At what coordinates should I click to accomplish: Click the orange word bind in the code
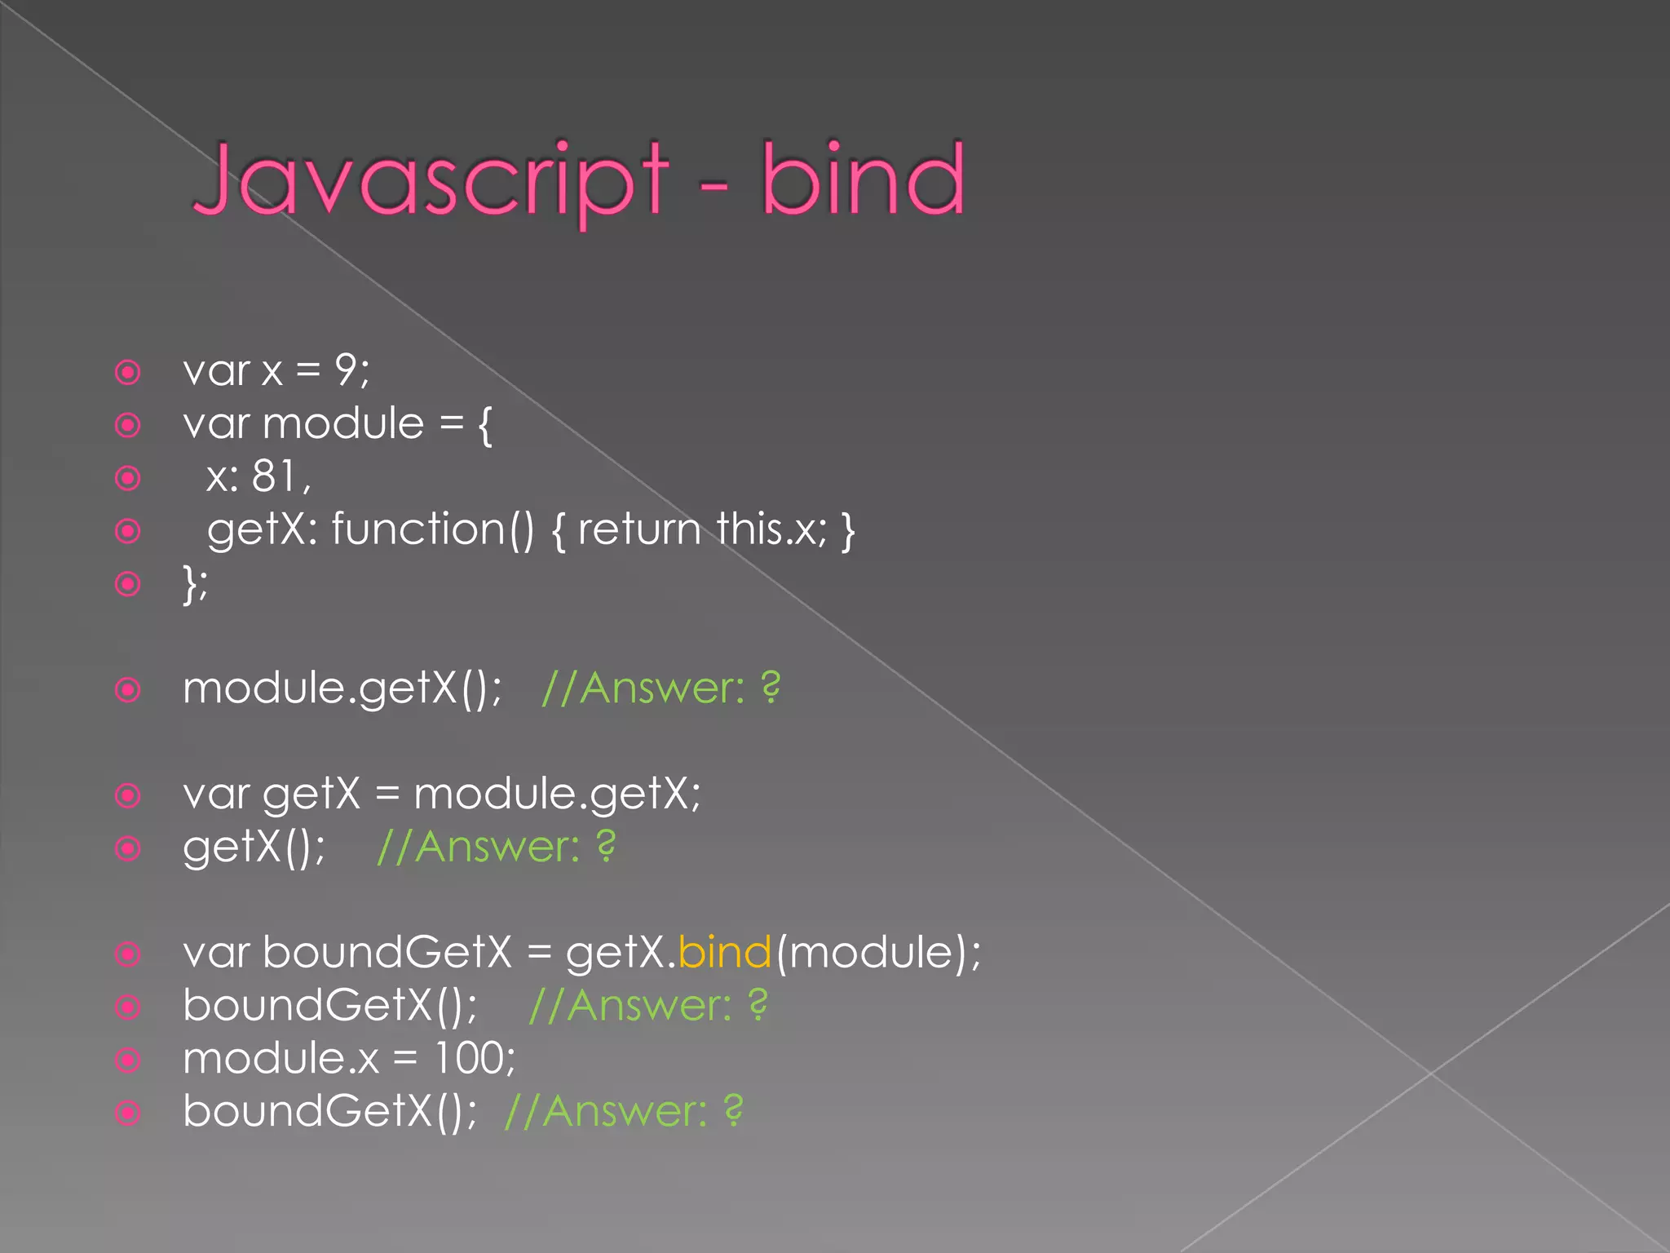pos(724,952)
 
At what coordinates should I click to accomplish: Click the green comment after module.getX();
pos(660,688)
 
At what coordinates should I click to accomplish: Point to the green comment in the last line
pos(624,1111)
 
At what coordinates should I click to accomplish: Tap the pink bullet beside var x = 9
pos(128,373)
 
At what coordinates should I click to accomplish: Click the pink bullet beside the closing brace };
pos(128,584)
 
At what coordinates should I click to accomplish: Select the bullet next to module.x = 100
pos(128,1060)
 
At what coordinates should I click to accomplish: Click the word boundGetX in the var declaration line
pos(387,952)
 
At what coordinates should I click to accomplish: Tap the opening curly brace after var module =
pos(485,425)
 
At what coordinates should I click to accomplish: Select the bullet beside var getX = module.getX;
pos(128,795)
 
